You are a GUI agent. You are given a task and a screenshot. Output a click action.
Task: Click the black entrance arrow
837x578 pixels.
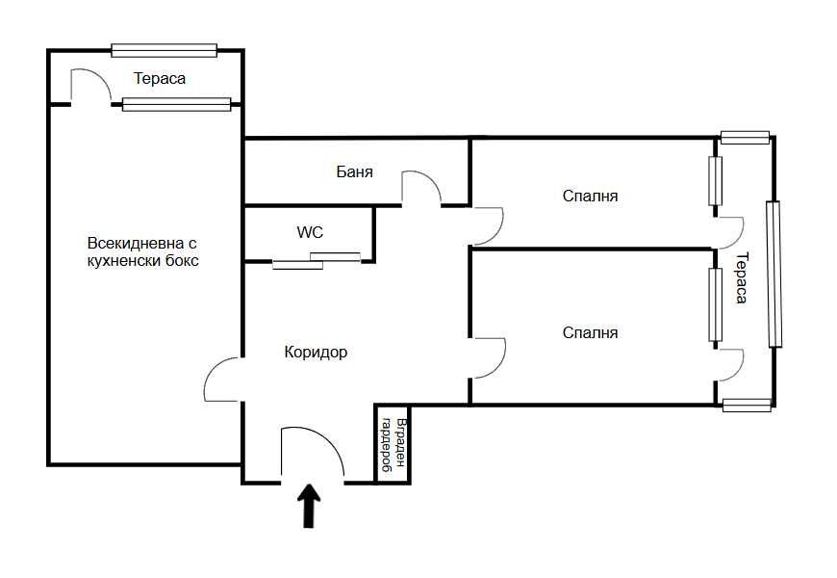pyautogui.click(x=309, y=506)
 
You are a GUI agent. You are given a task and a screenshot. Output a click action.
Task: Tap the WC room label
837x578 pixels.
pyautogui.click(x=310, y=232)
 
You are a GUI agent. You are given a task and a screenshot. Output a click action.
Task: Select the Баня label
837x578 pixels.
pyautogui.click(x=354, y=171)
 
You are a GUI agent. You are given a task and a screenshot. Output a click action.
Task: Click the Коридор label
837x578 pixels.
pyautogui.click(x=316, y=353)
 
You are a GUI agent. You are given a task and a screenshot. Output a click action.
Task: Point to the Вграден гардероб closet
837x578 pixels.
pyautogui.click(x=393, y=445)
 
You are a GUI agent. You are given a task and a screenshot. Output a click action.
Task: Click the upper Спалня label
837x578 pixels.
pyautogui.click(x=590, y=196)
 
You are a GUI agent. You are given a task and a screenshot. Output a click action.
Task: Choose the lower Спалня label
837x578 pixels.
pyautogui.click(x=590, y=332)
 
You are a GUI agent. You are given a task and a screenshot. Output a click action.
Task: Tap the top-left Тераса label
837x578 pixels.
pyautogui.click(x=160, y=79)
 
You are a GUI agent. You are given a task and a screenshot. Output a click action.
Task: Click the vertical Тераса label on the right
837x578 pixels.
pyautogui.click(x=742, y=277)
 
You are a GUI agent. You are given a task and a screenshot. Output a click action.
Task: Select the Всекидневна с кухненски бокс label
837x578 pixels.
pyautogui.click(x=142, y=251)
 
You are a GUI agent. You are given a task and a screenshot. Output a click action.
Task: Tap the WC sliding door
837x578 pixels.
pyautogui.click(x=317, y=260)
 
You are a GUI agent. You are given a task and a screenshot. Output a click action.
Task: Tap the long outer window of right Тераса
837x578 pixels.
pyautogui.click(x=774, y=275)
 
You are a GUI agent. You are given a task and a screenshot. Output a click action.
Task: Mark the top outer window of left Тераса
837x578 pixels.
pyautogui.click(x=165, y=50)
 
